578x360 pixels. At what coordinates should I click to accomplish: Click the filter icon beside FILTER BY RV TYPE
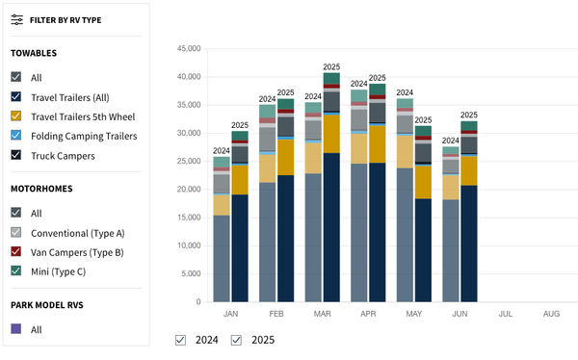[16, 19]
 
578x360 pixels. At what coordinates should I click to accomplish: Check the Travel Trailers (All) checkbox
[16, 97]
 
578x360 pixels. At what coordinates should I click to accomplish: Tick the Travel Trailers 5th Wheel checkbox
[16, 116]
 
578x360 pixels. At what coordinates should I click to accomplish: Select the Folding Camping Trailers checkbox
[16, 136]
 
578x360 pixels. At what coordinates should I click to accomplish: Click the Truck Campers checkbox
[16, 155]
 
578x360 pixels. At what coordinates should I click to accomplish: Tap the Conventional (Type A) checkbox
[16, 233]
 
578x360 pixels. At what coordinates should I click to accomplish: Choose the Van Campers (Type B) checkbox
[16, 252]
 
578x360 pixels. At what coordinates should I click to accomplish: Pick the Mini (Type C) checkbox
[16, 271]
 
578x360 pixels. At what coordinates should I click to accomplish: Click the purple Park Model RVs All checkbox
[16, 329]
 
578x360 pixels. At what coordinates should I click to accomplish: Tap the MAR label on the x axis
[322, 314]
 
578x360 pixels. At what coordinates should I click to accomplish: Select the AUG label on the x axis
[551, 314]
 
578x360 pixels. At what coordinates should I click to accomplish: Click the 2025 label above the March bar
[332, 67]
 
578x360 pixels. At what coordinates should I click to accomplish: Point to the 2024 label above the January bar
[222, 151]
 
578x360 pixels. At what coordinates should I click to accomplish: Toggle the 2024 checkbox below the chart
[181, 340]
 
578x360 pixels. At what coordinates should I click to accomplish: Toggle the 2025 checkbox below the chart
[236, 340]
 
